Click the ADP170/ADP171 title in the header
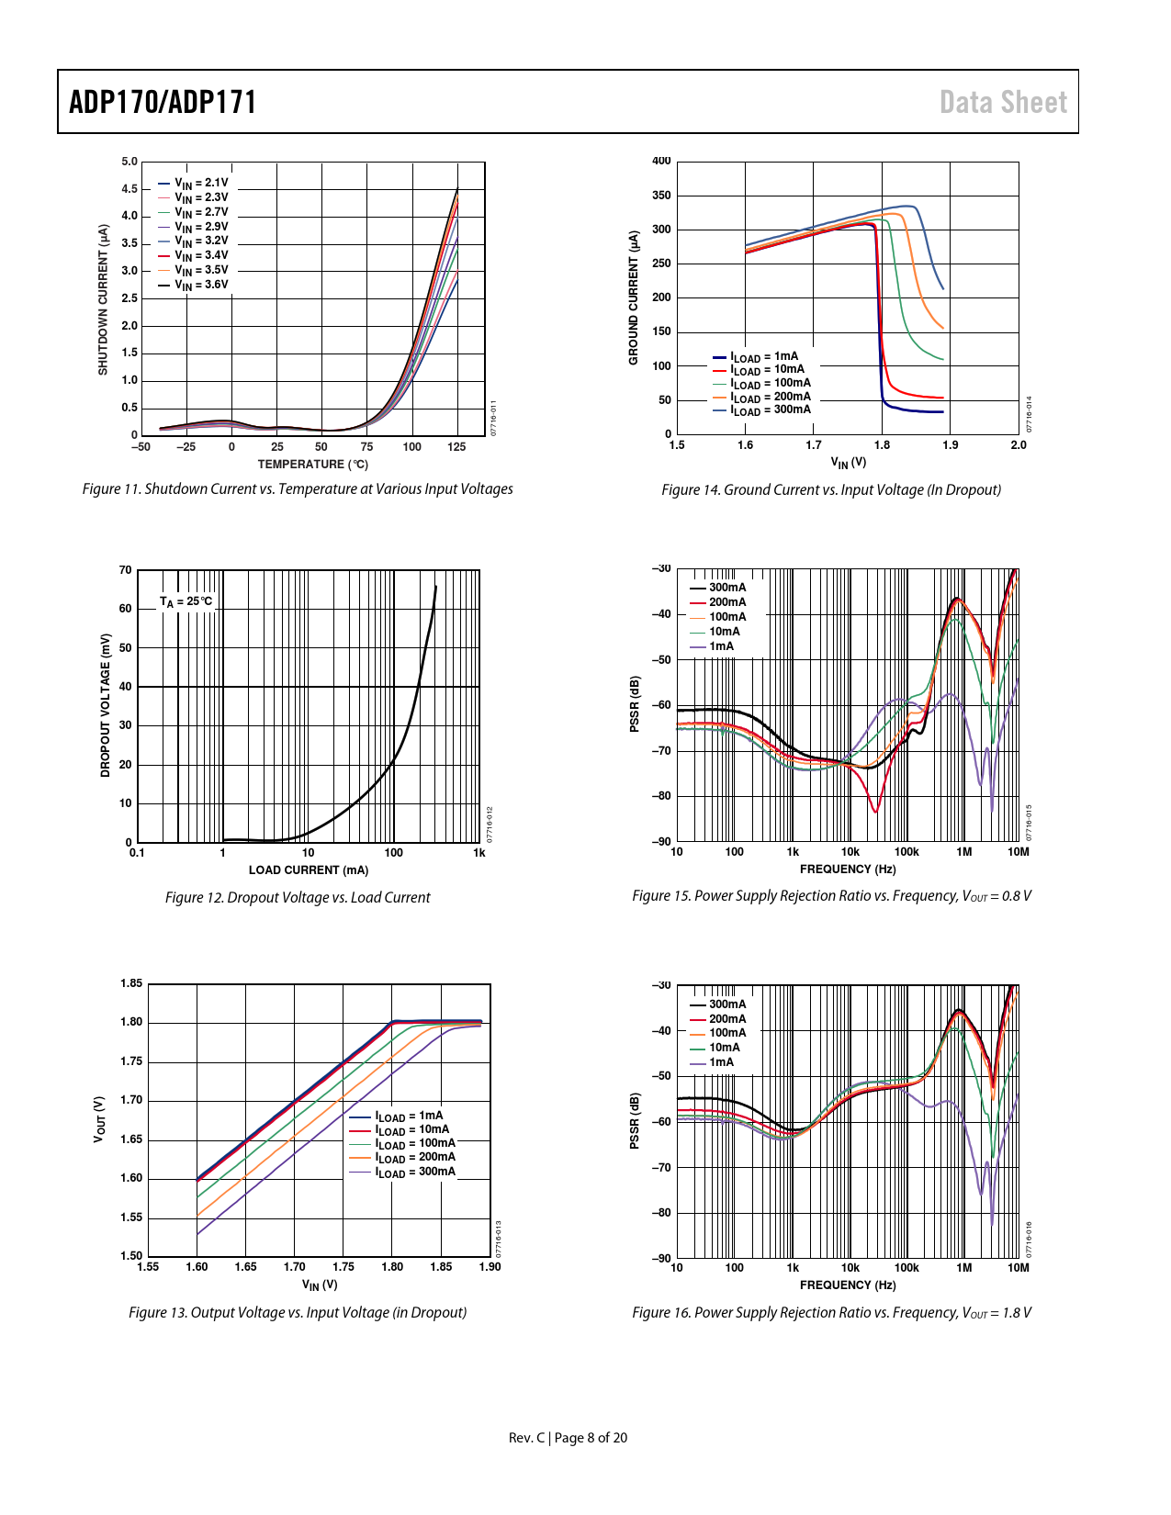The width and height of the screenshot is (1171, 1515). coord(163,102)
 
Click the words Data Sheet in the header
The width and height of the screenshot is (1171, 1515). coord(1003,102)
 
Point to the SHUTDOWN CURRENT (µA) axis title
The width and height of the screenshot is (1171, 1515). coord(103,299)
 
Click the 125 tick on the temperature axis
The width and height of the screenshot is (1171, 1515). coord(456,447)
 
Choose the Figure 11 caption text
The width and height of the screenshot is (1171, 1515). coord(298,489)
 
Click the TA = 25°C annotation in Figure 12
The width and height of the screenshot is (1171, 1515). coord(186,601)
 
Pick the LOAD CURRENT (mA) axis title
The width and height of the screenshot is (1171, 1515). coord(308,870)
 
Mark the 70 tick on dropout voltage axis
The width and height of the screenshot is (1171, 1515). coord(126,570)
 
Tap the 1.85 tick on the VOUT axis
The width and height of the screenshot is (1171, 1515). coord(131,984)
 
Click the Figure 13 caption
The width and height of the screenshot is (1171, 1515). coord(298,1313)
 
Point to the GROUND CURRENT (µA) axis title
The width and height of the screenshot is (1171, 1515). coord(633,297)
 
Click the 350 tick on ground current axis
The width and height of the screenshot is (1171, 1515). coord(661,196)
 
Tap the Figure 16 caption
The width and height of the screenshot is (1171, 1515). coord(831,1313)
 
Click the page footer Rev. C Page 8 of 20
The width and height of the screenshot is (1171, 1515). coord(568,1438)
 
